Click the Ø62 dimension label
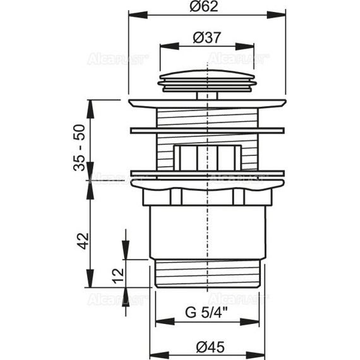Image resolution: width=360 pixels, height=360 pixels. pos(203,6)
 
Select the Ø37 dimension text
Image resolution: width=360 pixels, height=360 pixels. pos(207,37)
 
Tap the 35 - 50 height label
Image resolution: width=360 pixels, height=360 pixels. pos(80,148)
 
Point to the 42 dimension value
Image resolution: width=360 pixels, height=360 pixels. pos(83,241)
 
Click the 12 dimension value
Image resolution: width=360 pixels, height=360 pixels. pos(119,276)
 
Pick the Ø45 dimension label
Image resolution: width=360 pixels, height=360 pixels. pos(210,347)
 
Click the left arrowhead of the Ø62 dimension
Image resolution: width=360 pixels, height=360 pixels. pos(138,15)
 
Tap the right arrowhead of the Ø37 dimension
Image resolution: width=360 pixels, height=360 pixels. pos(244,46)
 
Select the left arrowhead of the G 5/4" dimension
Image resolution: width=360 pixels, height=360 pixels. pos(165,321)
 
